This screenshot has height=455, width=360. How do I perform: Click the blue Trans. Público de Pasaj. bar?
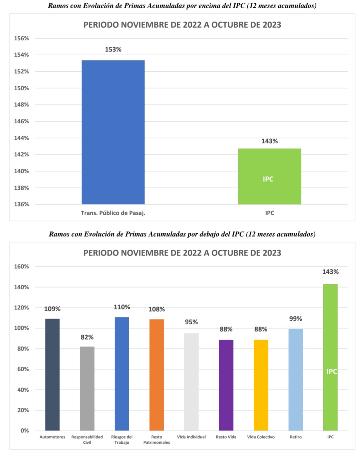point(113,132)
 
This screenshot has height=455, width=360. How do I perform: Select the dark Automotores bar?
point(52,375)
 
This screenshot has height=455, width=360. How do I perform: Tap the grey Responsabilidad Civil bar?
point(87,388)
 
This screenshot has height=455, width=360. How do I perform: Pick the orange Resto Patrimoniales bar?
point(156,375)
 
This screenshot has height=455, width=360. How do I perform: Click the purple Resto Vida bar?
point(226,385)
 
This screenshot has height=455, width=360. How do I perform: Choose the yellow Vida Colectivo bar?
point(261,385)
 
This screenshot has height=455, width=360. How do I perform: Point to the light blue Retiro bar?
point(295,380)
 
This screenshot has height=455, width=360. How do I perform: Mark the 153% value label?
point(113,50)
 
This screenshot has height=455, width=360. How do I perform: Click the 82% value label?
point(87,337)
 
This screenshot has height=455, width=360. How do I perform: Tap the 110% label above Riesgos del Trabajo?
point(122,307)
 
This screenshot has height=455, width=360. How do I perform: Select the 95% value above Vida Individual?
point(191,322)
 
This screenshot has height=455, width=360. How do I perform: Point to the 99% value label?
point(295,319)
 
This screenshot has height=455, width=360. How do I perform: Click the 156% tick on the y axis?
point(21,38)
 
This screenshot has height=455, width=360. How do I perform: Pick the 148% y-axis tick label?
point(21,105)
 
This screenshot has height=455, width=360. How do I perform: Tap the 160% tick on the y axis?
point(21,266)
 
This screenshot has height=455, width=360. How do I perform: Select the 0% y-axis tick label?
point(25,431)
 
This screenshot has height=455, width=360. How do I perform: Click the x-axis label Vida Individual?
point(191,437)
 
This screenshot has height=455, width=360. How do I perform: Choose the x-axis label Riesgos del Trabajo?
point(122,439)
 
